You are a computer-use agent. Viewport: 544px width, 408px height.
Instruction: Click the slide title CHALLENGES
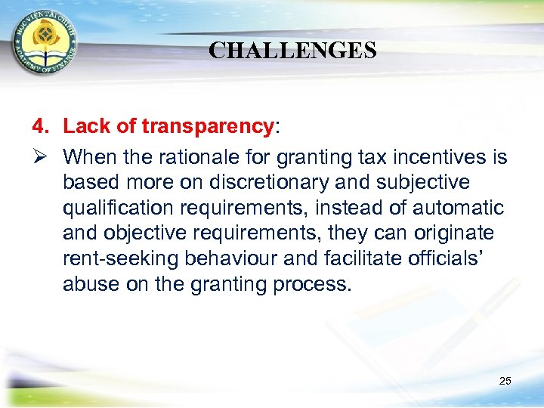[x=292, y=51]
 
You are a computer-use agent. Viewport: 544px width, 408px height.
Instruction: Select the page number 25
[x=505, y=381]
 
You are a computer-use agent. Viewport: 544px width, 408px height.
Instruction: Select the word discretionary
[x=270, y=183]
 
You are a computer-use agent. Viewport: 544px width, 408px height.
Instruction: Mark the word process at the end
[x=315, y=285]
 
